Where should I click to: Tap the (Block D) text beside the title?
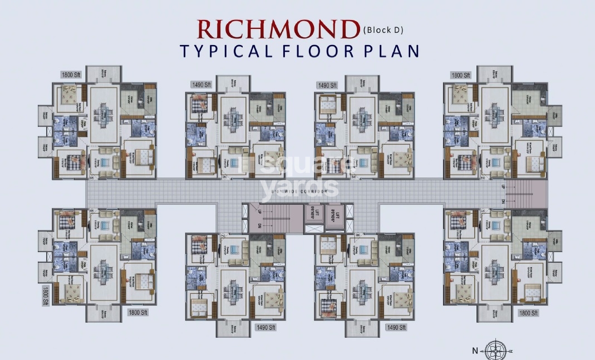[x=384, y=30]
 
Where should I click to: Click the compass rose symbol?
[x=493, y=351]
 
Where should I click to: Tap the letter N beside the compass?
[x=475, y=351]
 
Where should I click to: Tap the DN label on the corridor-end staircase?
[x=503, y=201]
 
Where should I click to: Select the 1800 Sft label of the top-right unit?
[x=460, y=75]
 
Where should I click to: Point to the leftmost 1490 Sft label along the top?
[x=201, y=85]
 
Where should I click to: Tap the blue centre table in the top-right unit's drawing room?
[x=494, y=162]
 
